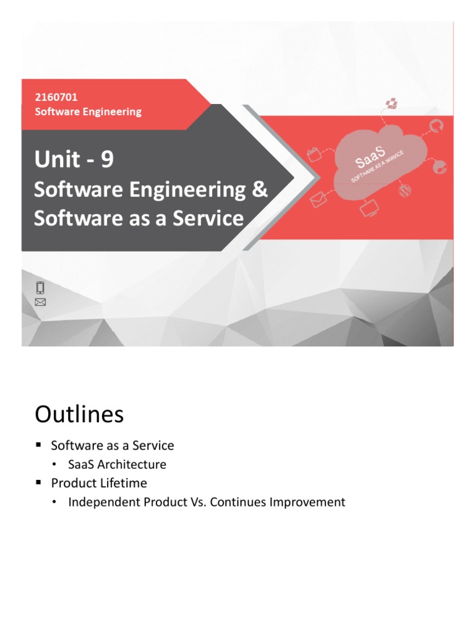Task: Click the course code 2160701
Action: (x=56, y=97)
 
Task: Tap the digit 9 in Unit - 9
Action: (x=107, y=160)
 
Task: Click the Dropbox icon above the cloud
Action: (x=391, y=103)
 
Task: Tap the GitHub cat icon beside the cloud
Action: (x=436, y=126)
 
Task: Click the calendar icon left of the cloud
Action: (x=315, y=154)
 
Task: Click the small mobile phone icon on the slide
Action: (x=40, y=287)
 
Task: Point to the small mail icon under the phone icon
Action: (x=40, y=302)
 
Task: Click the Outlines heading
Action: (x=79, y=414)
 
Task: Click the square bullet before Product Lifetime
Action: (x=38, y=482)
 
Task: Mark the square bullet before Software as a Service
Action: (x=38, y=445)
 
